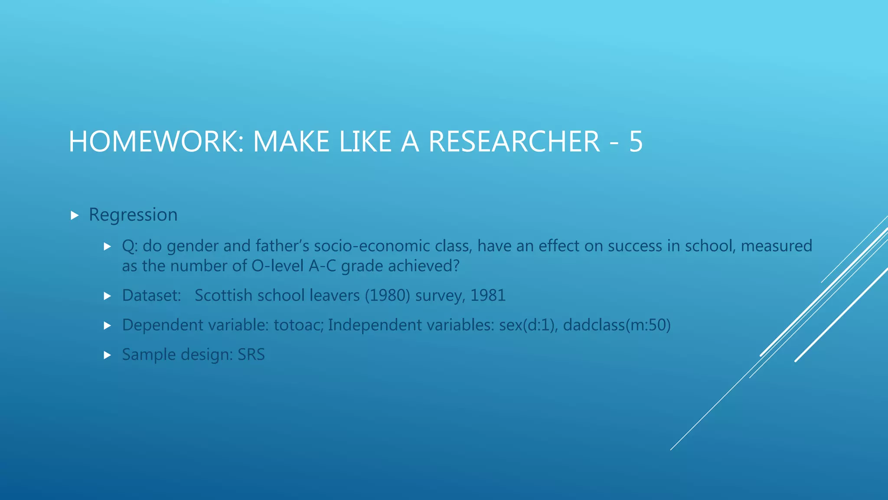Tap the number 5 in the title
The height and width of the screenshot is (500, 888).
click(636, 142)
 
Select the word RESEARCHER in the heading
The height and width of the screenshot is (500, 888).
click(514, 142)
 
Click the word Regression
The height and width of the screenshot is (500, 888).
click(133, 215)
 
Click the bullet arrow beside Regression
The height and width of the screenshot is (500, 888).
click(75, 215)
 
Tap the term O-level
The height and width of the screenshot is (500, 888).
click(277, 266)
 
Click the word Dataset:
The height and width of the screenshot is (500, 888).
click(151, 296)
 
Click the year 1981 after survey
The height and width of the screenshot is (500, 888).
click(488, 296)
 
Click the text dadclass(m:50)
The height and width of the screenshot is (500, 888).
click(617, 325)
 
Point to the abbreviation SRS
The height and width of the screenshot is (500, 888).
click(251, 355)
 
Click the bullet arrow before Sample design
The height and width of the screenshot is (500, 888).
click(108, 355)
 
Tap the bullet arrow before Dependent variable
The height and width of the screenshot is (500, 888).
click(108, 326)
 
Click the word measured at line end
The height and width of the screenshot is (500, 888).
click(776, 246)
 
